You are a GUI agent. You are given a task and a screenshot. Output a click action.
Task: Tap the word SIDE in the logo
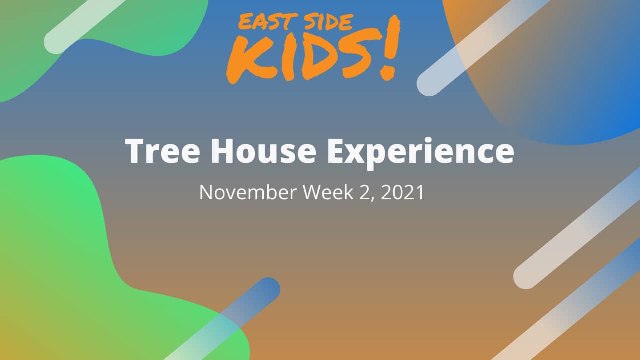(x=327, y=22)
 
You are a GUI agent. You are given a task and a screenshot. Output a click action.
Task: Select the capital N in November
(x=205, y=192)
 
